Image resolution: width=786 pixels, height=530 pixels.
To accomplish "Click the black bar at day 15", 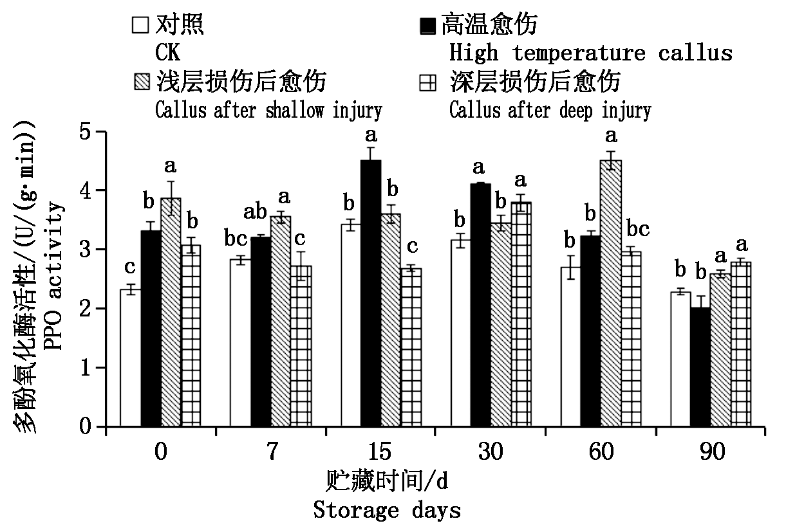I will point(371,293).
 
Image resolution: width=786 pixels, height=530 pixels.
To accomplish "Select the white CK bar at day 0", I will point(131,358).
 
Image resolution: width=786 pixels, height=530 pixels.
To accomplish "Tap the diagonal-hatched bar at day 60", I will point(611,293).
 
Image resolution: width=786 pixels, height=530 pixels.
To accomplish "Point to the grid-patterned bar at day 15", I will point(411,347).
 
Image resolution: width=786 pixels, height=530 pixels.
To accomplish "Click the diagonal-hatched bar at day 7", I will point(281,322).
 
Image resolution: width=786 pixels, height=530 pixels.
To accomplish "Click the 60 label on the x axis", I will point(601,452).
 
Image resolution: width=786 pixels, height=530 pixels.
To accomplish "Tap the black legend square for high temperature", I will point(427,26).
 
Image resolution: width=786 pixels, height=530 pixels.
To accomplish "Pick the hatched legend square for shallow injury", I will point(140,82).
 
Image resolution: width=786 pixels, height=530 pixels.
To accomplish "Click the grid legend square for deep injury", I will point(427,82).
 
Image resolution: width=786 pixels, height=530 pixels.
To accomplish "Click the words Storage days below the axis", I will point(388,511).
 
